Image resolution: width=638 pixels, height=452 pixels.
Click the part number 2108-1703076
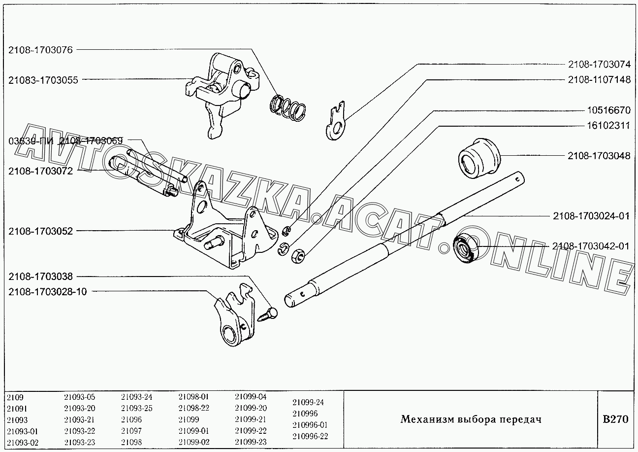(x=40, y=50)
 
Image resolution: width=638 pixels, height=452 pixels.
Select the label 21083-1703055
(x=43, y=80)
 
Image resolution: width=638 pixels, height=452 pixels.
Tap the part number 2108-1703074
(x=599, y=65)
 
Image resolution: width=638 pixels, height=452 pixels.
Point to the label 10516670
(x=608, y=110)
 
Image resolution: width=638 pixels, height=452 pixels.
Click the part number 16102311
(x=608, y=126)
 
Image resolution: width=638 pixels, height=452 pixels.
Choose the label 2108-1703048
(x=599, y=156)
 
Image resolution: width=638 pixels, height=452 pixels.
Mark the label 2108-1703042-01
(x=591, y=246)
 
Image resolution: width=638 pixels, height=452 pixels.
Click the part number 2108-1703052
(x=40, y=231)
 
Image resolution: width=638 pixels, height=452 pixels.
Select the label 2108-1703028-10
(x=47, y=291)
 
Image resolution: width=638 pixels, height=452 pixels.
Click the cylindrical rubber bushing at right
(x=478, y=157)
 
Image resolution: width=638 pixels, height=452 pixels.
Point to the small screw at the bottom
(x=269, y=314)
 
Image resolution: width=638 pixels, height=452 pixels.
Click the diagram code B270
(x=615, y=420)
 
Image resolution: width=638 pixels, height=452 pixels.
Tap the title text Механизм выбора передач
(x=471, y=420)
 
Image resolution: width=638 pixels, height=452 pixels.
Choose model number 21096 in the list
(x=131, y=419)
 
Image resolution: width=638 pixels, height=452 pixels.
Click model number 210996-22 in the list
(x=310, y=436)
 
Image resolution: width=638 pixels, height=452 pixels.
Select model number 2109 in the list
(x=15, y=397)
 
